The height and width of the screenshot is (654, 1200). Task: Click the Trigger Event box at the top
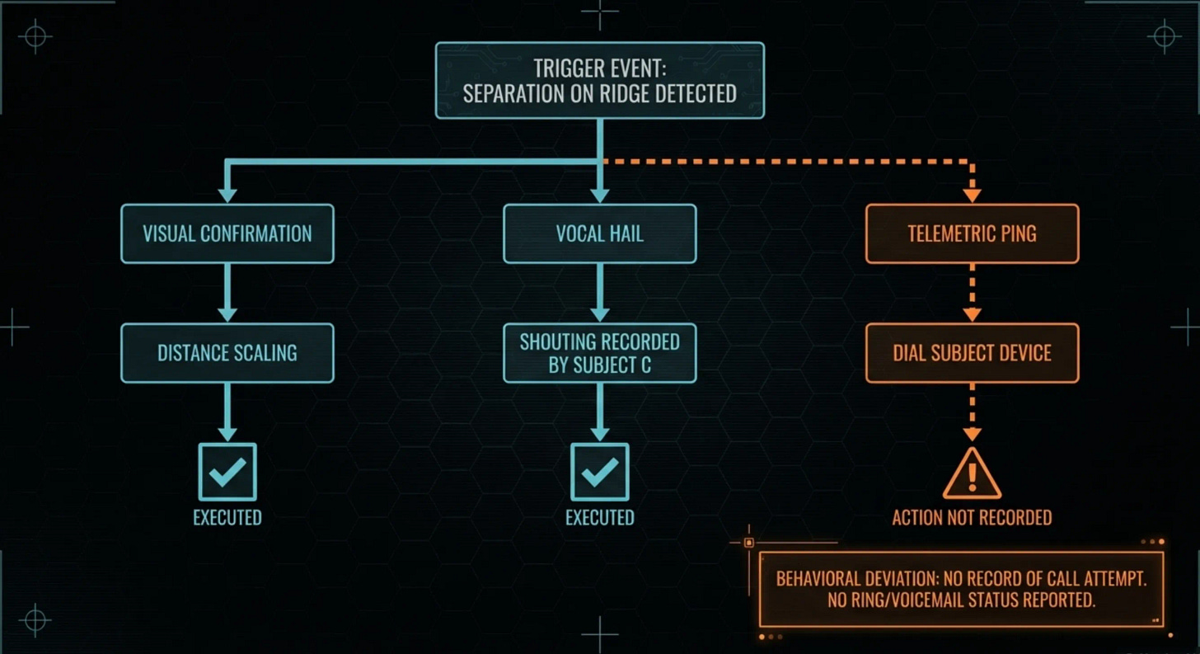point(599,80)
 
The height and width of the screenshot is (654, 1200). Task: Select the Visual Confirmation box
point(227,233)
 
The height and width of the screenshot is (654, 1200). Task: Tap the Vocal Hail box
point(599,233)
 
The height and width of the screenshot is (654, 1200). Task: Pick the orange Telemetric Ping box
point(972,233)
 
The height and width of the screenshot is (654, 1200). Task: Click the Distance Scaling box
point(227,353)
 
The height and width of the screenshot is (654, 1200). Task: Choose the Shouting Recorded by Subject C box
point(599,353)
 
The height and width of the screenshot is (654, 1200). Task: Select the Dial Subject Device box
point(972,353)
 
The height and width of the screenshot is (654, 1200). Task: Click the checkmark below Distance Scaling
point(227,472)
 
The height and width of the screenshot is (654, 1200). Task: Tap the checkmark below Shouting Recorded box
point(599,472)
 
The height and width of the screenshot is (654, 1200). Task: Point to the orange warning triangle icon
point(972,474)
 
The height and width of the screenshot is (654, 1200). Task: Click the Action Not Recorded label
point(972,518)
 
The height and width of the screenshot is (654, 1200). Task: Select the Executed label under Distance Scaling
point(227,518)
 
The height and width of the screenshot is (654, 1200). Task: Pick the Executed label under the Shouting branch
point(599,518)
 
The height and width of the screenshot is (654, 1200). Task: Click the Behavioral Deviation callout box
point(961,589)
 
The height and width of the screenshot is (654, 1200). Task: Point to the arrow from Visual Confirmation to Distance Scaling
point(227,293)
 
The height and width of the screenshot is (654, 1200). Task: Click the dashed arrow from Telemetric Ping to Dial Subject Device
point(972,293)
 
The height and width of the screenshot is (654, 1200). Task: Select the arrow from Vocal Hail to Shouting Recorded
point(599,293)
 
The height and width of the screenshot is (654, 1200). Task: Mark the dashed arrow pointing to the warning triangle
point(972,412)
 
